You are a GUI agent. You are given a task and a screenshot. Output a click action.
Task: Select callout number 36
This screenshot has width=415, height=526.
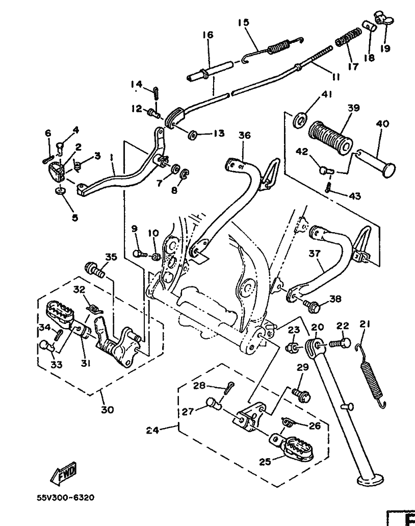(245, 135)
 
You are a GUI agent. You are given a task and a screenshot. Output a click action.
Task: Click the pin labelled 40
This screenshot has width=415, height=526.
(376, 162)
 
